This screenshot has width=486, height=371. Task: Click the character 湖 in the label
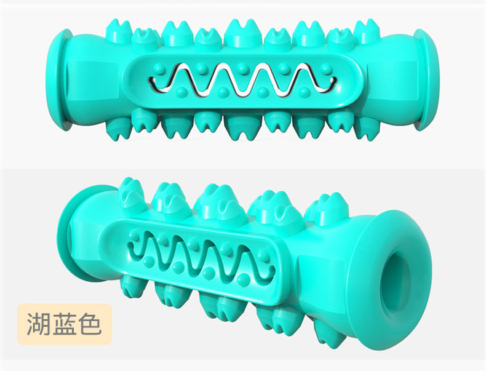tap(38, 324)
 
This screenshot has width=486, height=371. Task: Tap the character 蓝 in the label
tap(64, 324)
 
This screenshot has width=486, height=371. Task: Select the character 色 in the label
tap(90, 324)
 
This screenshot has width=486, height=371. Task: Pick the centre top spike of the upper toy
tap(243, 31)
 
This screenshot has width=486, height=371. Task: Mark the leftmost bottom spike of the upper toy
tap(119, 128)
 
